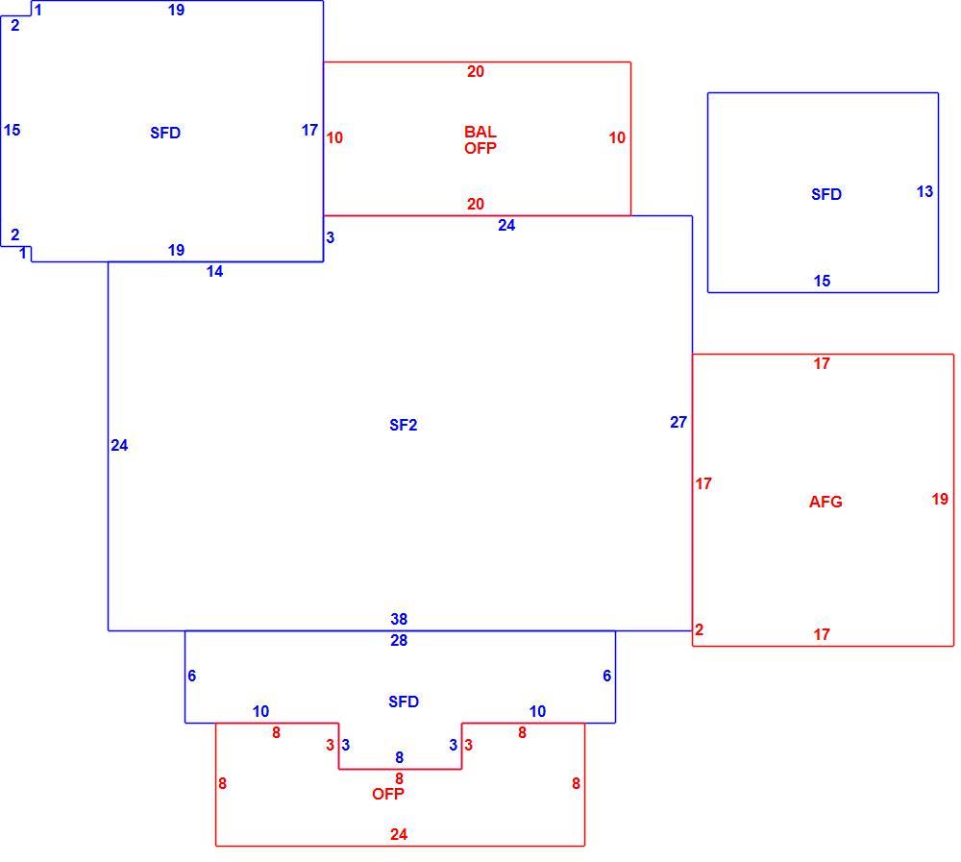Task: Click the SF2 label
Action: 404,425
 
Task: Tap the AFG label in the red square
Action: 825,503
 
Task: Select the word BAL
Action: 480,132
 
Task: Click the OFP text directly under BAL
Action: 480,148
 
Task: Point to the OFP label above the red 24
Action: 388,794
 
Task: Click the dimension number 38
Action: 399,619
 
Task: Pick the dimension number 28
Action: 399,641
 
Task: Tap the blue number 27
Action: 678,423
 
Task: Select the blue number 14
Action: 214,272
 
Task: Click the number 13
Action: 924,192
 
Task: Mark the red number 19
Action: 940,499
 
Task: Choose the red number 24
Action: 399,834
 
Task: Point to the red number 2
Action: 700,629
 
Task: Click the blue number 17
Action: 310,130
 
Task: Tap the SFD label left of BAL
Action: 165,133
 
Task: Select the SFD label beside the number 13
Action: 826,194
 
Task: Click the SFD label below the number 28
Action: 404,702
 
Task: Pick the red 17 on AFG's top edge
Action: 822,363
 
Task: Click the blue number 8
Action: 400,758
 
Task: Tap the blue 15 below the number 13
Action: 822,281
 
